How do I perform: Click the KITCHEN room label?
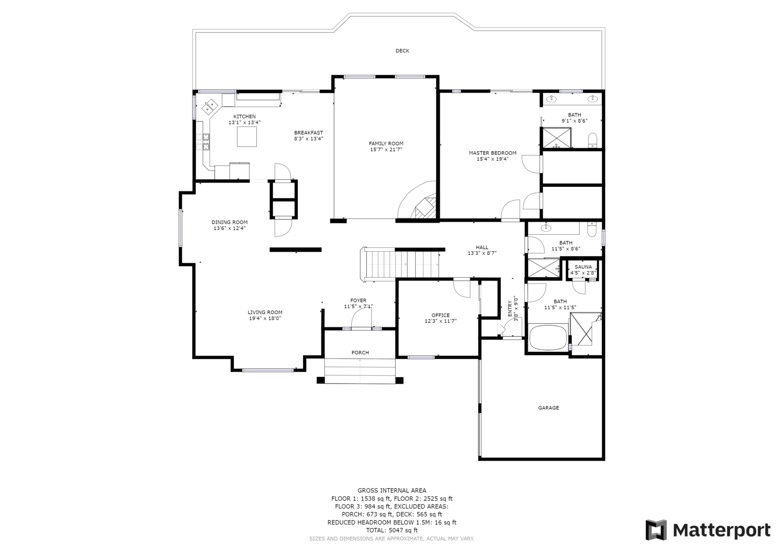coord(245,117)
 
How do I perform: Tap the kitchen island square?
coord(247,137)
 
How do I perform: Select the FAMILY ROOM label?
coord(386,144)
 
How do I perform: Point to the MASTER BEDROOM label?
coord(492,153)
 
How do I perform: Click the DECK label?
coord(402,51)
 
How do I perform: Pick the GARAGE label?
coord(548,408)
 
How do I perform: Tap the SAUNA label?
coord(583,267)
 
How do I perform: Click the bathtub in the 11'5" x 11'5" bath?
coord(548,337)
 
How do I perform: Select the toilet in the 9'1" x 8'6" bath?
coord(592,140)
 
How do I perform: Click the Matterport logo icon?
coord(656,530)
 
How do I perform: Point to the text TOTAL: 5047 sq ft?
coord(392,530)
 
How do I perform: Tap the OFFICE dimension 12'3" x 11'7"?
coord(441,321)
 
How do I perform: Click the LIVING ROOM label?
coord(265,313)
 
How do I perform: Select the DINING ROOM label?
coord(230,222)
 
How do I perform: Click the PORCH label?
coord(360,353)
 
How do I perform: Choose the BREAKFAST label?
coord(308,133)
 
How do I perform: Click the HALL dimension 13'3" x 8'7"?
coord(482,253)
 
